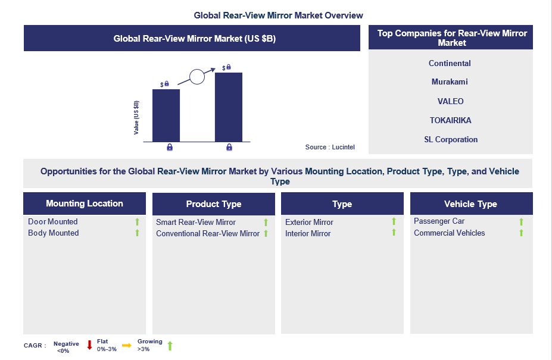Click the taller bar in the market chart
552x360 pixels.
click(x=229, y=107)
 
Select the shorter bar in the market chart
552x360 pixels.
click(x=166, y=115)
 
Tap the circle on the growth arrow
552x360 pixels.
click(x=197, y=77)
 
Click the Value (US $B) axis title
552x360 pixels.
click(x=136, y=118)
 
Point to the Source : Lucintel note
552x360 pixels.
click(x=330, y=147)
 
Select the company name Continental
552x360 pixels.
click(x=450, y=63)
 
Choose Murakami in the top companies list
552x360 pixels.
click(x=450, y=82)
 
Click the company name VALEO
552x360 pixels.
click(x=450, y=101)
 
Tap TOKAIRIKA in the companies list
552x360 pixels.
click(x=450, y=120)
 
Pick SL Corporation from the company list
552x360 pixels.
click(x=451, y=139)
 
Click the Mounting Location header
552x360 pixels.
click(x=85, y=204)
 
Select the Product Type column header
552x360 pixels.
click(x=214, y=204)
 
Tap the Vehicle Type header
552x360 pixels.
click(x=470, y=204)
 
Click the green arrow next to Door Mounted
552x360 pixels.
click(x=138, y=222)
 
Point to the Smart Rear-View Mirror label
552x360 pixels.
click(x=196, y=223)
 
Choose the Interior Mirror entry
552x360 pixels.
click(x=308, y=234)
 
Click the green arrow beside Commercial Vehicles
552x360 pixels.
click(x=522, y=233)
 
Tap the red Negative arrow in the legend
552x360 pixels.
click(x=89, y=345)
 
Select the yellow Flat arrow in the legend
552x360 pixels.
click(x=127, y=346)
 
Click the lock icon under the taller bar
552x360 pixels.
click(x=229, y=147)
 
